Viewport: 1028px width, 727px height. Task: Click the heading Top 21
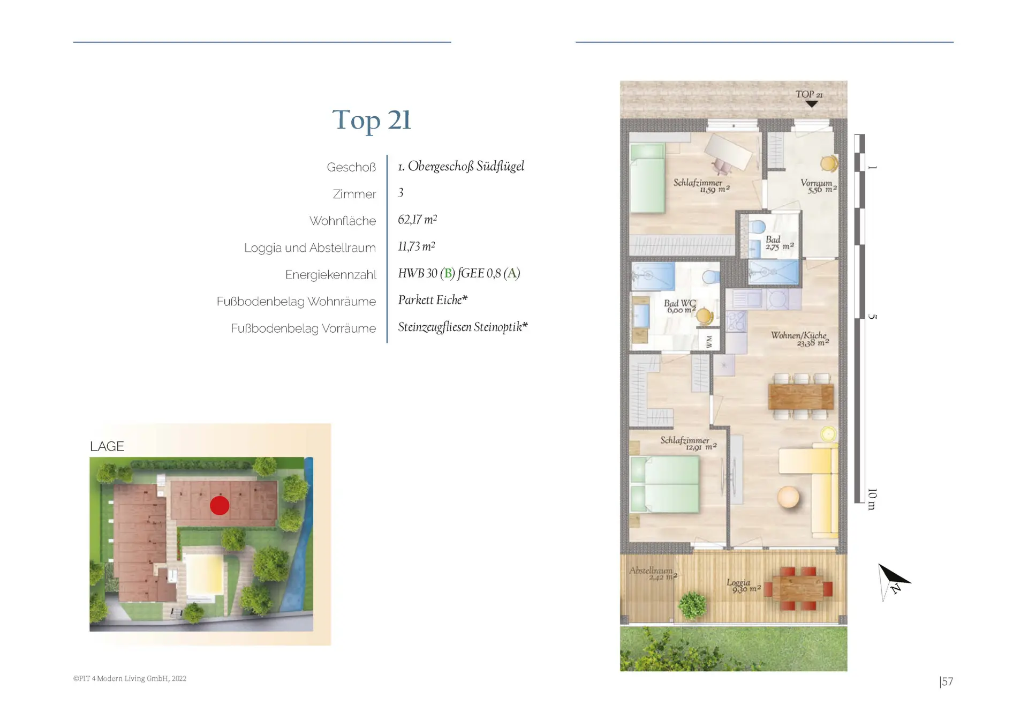[x=372, y=120]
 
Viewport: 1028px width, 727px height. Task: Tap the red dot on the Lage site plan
[x=220, y=505]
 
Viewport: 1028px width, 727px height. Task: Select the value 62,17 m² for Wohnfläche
[x=418, y=220]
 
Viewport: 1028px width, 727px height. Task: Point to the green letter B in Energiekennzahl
[x=448, y=274]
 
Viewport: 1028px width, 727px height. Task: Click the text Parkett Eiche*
[x=433, y=300]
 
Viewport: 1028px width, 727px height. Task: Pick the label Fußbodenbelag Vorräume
[x=304, y=328]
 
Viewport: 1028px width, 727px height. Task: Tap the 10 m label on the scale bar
[x=872, y=499]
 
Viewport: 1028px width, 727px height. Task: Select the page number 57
[x=946, y=681]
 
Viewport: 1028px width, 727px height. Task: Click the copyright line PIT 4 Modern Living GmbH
[x=130, y=678]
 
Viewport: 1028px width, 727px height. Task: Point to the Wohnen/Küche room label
[x=799, y=339]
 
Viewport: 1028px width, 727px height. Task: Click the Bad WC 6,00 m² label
[x=680, y=306]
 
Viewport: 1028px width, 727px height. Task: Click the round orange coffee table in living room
[x=788, y=497]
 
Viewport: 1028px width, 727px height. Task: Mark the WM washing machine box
[x=709, y=341]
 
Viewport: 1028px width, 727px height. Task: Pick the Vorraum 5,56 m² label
[x=818, y=186]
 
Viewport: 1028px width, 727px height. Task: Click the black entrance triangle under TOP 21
[x=812, y=104]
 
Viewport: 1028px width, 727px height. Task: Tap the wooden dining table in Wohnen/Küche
[x=800, y=397]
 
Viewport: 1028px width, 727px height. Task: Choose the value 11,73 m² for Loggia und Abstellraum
[x=417, y=246]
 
